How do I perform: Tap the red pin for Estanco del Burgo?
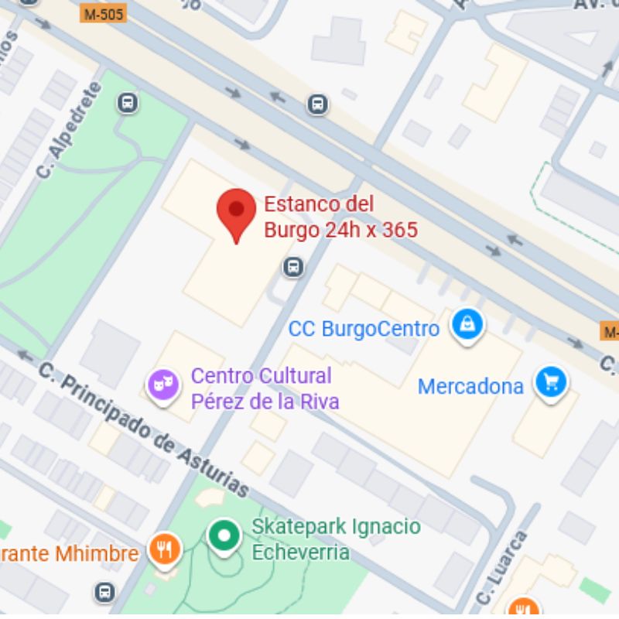(236, 213)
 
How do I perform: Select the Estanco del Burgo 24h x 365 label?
(340, 217)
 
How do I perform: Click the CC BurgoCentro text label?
(364, 329)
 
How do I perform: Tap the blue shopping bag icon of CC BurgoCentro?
(467, 325)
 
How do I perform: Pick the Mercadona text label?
(470, 386)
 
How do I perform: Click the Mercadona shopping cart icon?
(551, 383)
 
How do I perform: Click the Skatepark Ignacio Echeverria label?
(336, 539)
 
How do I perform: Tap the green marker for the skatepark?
(224, 536)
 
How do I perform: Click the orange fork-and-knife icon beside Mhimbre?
(165, 551)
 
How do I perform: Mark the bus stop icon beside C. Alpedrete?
(128, 103)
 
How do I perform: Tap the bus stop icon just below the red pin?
(292, 267)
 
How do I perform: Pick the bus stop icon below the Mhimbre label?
(104, 593)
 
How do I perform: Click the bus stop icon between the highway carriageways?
(317, 104)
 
